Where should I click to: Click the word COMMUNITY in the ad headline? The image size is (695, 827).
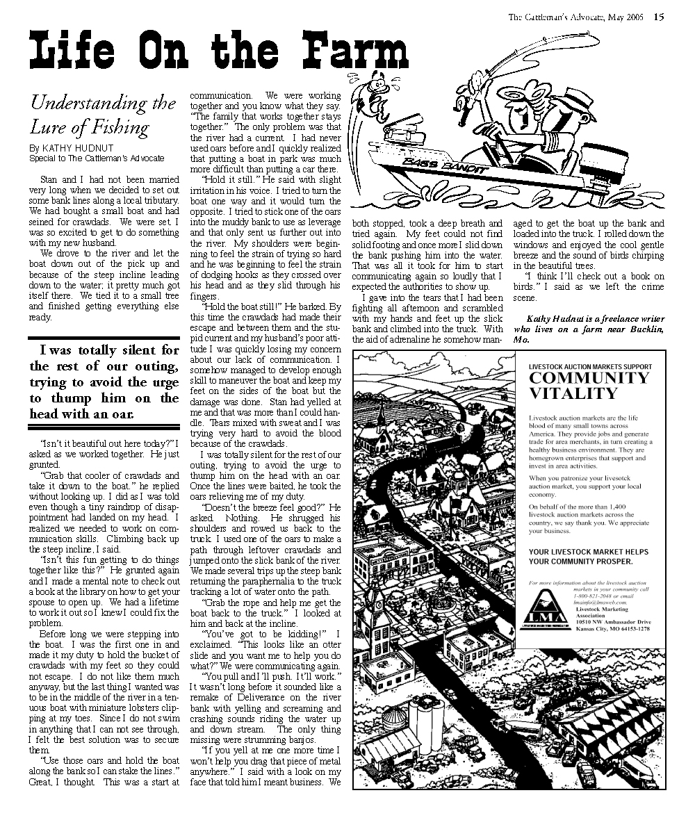point(589,378)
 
